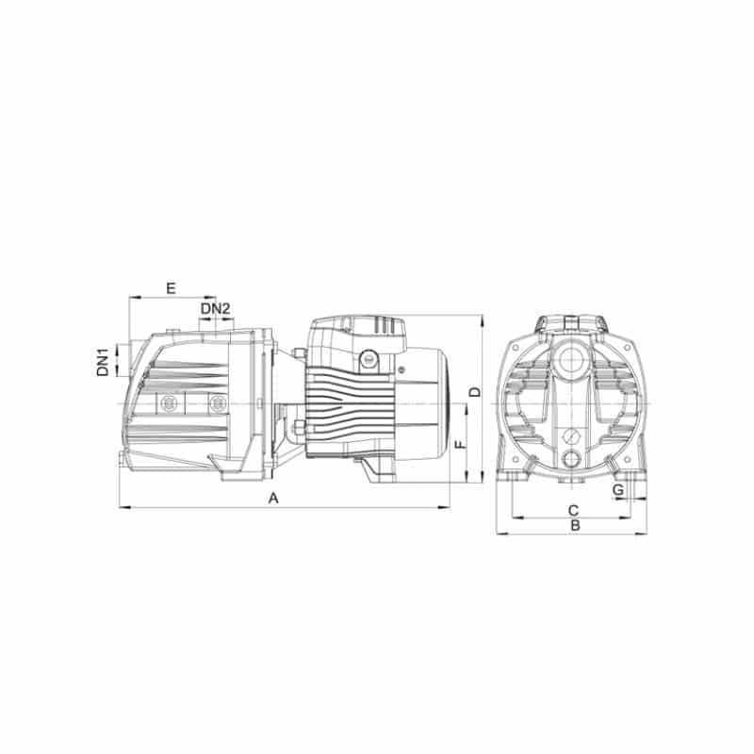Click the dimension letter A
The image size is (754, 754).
pyautogui.click(x=273, y=499)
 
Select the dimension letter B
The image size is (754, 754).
pyautogui.click(x=575, y=526)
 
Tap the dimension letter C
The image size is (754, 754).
pyautogui.click(x=573, y=510)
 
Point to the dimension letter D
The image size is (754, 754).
pyautogui.click(x=475, y=392)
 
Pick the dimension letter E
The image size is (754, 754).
pyautogui.click(x=171, y=288)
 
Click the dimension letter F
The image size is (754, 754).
pyautogui.click(x=461, y=443)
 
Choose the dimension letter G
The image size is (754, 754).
pyautogui.click(x=618, y=490)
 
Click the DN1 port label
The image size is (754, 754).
pyautogui.click(x=103, y=363)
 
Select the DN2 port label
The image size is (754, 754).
pyautogui.click(x=216, y=309)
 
